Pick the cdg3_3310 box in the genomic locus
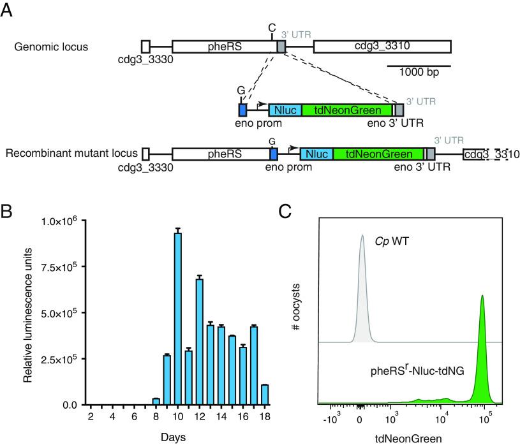pos(382,47)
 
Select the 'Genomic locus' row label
pos(47,47)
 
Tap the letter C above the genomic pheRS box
pos(272,27)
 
